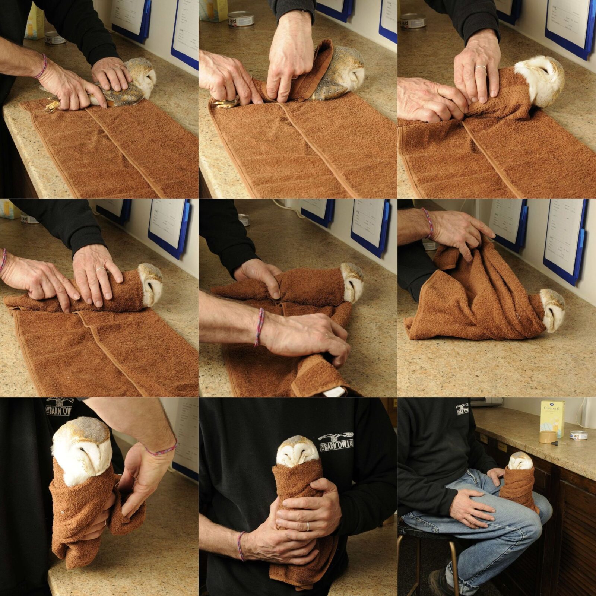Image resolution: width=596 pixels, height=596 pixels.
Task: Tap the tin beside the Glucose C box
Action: pyautogui.click(x=578, y=435)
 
